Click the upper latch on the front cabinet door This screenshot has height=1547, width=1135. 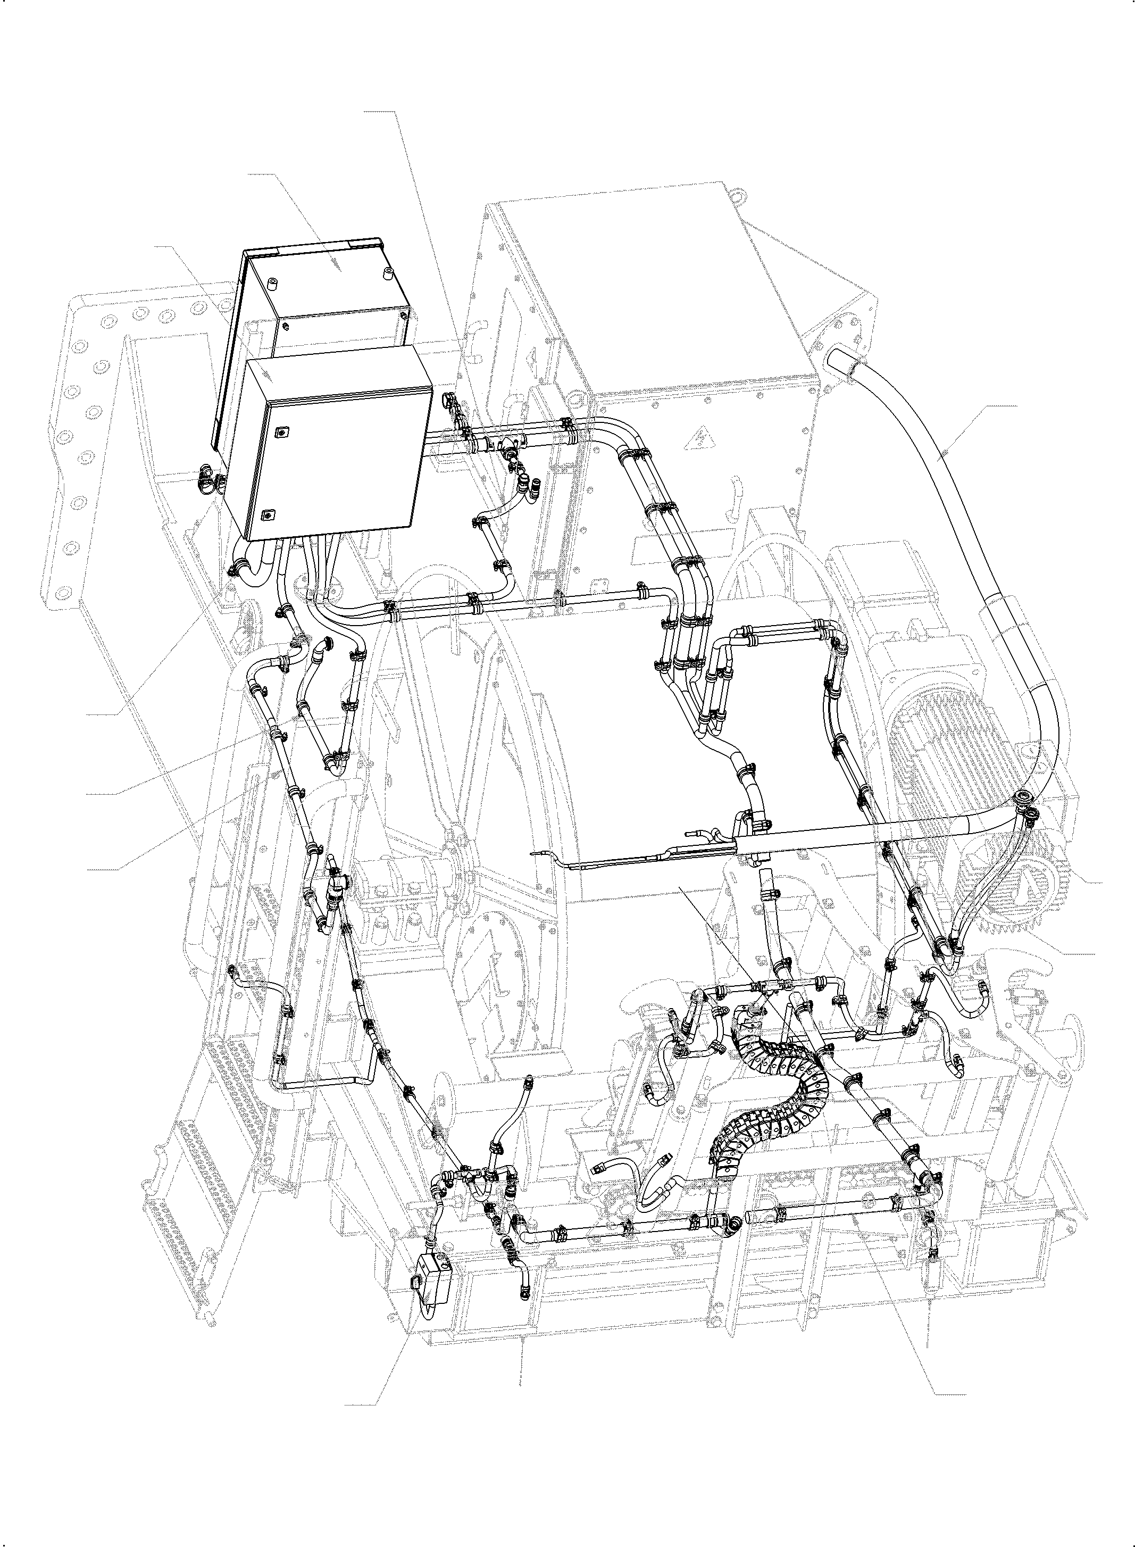280,433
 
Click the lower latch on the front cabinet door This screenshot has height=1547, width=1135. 269,513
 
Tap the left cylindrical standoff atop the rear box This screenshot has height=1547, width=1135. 273,282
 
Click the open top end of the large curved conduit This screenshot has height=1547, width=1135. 840,360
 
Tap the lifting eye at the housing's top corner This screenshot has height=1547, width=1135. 738,197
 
